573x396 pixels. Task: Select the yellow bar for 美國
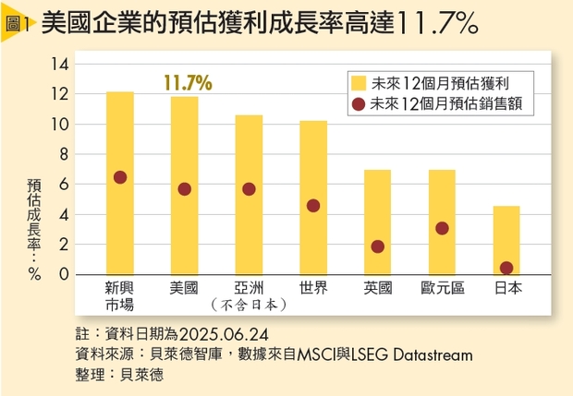184,185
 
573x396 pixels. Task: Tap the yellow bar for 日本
506,240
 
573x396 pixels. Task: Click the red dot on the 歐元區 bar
442,228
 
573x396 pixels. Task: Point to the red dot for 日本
506,268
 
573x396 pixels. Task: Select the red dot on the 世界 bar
313,205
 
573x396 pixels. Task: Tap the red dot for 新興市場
119,177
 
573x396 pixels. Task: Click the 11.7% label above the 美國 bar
188,82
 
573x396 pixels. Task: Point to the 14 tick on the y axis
62,65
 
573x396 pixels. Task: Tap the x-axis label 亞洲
249,287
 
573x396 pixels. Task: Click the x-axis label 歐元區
442,287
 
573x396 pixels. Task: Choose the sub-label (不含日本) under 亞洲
249,304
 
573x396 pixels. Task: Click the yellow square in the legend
358,80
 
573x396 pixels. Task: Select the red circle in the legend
358,104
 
